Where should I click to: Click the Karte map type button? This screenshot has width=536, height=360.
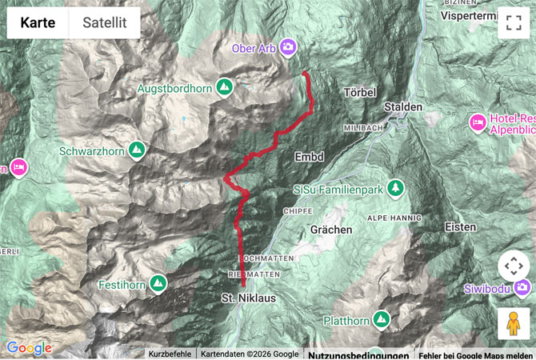38,23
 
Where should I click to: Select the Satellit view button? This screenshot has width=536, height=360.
105,23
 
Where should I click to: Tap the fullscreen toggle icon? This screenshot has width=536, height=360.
513,23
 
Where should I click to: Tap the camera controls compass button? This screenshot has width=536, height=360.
513,266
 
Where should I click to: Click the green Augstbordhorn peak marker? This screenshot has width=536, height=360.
225,86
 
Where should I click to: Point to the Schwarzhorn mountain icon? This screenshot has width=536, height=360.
137,149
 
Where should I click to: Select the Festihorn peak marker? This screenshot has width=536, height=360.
158,282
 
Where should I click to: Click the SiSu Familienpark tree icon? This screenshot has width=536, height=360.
394,188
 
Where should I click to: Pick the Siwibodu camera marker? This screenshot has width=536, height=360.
522,286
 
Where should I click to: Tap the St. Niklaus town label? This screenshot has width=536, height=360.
248,298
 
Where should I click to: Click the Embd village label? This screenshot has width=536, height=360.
309,157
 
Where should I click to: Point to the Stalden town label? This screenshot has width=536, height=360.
402,106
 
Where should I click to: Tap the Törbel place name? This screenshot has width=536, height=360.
359,93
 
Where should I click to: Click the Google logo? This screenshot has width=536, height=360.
29,348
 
